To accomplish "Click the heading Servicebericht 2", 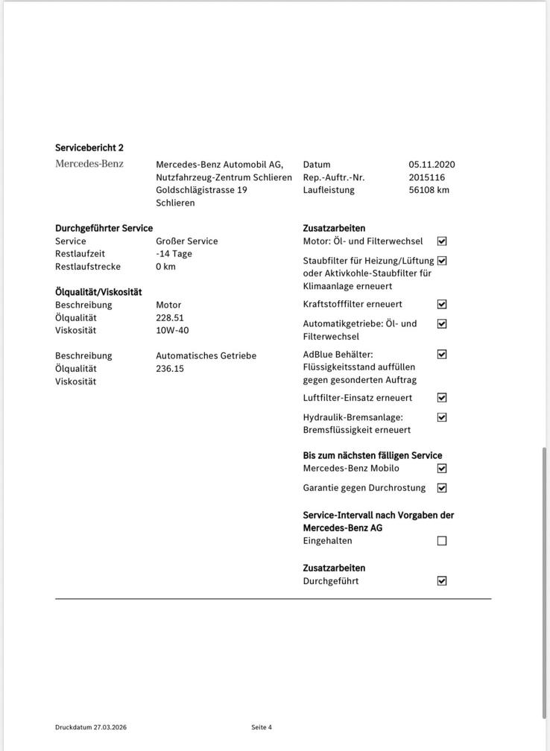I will (x=89, y=148).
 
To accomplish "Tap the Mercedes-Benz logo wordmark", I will (x=89, y=164).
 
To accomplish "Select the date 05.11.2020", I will (x=432, y=165).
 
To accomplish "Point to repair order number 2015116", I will (x=427, y=177).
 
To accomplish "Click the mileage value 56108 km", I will (x=429, y=190).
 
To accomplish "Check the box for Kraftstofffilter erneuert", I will (x=442, y=304).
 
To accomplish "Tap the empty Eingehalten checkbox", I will (x=442, y=541).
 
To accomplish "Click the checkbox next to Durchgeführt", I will (x=442, y=581).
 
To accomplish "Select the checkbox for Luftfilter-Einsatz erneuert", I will (x=442, y=398).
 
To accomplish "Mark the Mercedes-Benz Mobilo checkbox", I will (x=442, y=469).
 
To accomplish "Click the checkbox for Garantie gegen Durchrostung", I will (x=442, y=488).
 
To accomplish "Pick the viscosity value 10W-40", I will (x=172, y=330).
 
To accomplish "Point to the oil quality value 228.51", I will (x=170, y=317).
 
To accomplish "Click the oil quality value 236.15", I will (x=170, y=369).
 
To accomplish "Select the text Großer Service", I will (x=187, y=241).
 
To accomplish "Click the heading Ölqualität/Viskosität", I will (x=98, y=292).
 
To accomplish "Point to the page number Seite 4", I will (x=262, y=727).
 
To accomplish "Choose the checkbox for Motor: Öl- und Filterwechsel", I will (x=442, y=241).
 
